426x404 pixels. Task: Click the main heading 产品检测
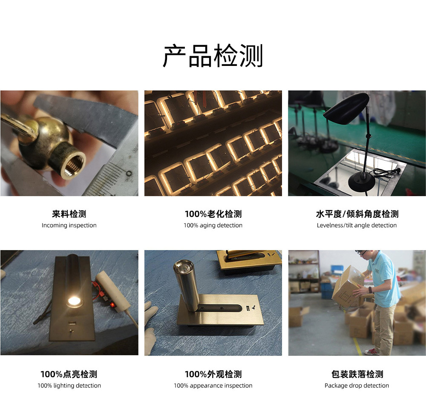coord(213,56)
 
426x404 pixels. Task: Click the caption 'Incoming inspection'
coord(69,225)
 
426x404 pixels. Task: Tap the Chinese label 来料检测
coord(69,214)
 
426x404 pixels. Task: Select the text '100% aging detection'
coord(213,225)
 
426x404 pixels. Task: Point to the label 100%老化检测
coord(213,214)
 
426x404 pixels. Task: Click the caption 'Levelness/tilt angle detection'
coord(357,225)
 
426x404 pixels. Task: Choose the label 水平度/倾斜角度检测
coord(357,214)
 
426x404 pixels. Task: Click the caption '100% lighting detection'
coord(69,386)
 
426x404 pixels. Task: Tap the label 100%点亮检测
coord(69,374)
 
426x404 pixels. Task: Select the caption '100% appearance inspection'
coord(213,386)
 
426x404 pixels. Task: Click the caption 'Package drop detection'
coord(357,386)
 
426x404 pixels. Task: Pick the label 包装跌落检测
coord(357,374)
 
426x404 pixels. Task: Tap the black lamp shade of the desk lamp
coord(346,106)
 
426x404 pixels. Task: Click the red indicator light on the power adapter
coord(112,305)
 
